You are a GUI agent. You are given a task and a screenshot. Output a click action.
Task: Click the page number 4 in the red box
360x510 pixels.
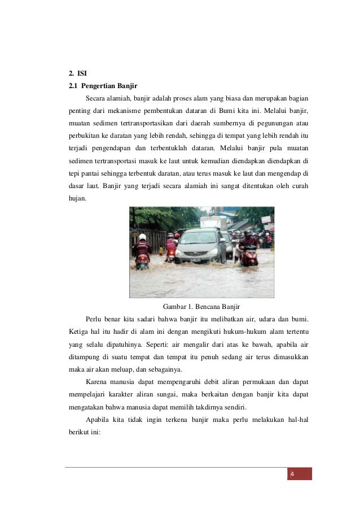(x=292, y=473)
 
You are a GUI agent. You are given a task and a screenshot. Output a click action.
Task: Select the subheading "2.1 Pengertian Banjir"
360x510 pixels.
(x=99, y=86)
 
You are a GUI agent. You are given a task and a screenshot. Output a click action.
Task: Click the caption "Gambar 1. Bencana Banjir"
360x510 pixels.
(x=201, y=307)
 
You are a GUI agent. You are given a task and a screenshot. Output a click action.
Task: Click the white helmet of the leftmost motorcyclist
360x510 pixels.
(x=142, y=237)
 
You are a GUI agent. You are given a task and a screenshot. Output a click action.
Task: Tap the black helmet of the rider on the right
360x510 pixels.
(x=247, y=233)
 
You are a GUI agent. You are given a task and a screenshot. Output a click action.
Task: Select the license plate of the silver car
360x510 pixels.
(x=195, y=260)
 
